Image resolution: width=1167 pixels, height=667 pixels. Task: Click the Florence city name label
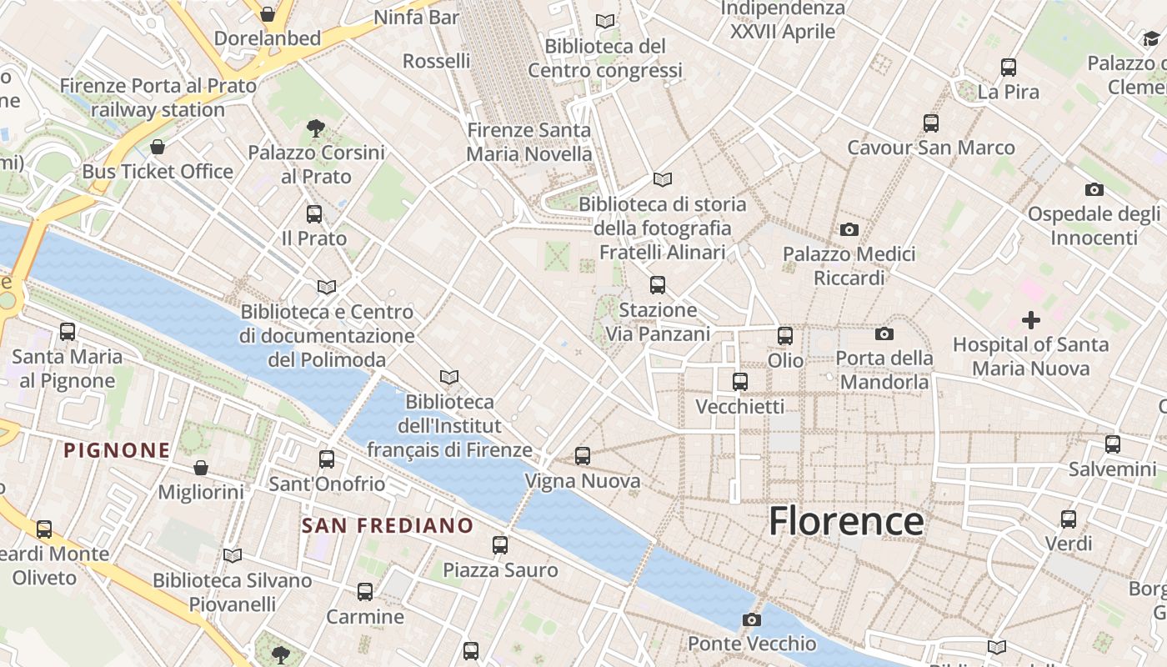846,521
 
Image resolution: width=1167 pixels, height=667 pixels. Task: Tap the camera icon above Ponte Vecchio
752,619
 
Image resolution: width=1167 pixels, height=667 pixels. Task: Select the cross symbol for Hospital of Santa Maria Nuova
1031,319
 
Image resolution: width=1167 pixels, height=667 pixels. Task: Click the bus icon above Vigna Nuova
583,456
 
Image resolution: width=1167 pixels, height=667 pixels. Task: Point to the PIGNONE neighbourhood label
118,451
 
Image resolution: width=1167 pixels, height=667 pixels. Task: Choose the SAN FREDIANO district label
388,526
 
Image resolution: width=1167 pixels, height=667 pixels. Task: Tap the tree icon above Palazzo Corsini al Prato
316,128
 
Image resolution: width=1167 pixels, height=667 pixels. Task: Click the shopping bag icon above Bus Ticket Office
158,148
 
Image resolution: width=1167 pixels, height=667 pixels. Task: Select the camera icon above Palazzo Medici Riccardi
849,229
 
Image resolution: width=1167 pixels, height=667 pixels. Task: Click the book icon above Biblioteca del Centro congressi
606,21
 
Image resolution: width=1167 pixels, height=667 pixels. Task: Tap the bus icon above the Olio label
785,336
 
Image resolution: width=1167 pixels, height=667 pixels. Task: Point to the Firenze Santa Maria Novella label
529,142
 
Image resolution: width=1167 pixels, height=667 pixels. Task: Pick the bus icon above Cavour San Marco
931,123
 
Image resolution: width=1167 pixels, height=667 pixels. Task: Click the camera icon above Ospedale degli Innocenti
1094,189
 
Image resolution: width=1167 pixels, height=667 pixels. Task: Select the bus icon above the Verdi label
1069,519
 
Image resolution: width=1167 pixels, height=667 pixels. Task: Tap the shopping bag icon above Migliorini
201,468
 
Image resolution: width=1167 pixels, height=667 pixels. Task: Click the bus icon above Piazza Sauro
500,545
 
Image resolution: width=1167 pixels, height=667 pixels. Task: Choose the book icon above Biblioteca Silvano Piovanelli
233,555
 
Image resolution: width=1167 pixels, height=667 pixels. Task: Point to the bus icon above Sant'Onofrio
327,459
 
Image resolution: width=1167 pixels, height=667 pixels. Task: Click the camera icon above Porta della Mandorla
884,334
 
